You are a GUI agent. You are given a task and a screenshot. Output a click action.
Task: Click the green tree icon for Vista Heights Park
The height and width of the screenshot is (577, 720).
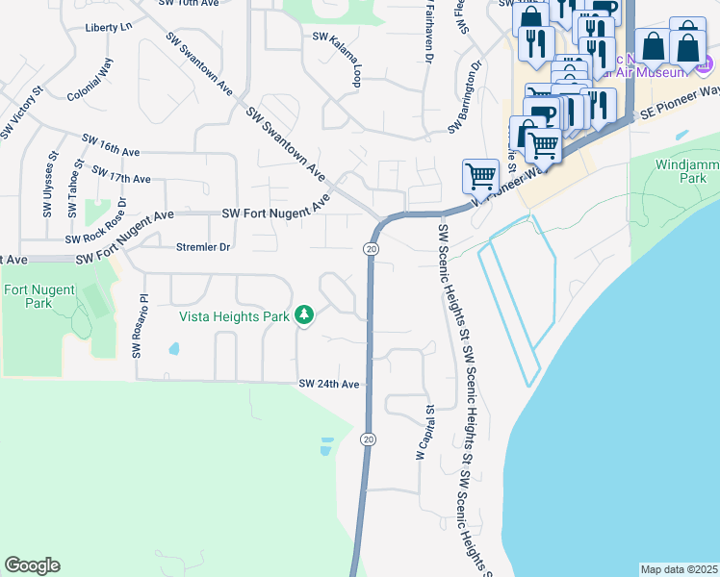tap(304, 314)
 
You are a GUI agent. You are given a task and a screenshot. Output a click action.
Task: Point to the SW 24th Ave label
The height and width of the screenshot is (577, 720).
tap(328, 385)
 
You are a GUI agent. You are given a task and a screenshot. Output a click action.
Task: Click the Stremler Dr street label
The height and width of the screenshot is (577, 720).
tap(203, 247)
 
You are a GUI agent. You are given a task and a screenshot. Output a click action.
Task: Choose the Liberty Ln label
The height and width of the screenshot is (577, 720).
tap(108, 27)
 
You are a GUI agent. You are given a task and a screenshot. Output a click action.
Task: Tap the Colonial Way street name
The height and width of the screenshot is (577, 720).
tap(90, 81)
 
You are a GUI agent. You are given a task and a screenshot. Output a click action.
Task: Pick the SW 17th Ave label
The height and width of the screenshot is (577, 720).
tap(121, 173)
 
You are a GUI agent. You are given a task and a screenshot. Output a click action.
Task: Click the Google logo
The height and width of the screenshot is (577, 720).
tap(32, 565)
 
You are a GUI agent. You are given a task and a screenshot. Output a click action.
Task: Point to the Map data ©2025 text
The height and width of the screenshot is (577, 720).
tap(679, 569)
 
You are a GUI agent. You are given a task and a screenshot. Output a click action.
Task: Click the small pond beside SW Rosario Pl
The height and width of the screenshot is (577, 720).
tap(174, 348)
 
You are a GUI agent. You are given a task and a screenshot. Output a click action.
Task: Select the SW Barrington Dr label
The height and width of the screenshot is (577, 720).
tap(464, 99)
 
